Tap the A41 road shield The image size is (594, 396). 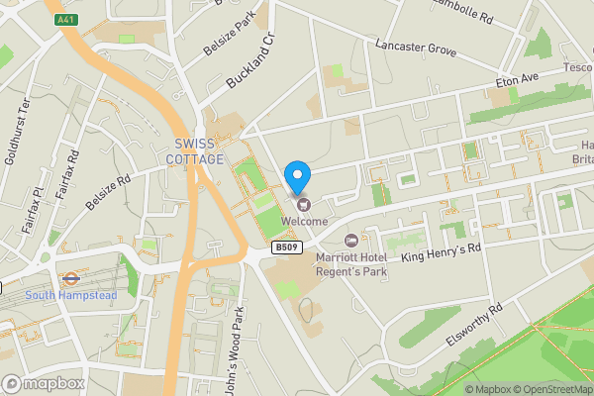pos(65,19)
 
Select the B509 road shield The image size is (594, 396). pos(286,247)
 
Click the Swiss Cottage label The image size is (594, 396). pos(194,151)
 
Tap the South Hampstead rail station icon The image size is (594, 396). pos(70,278)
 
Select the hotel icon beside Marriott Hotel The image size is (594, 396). pos(350,241)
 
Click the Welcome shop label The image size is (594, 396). pos(304,221)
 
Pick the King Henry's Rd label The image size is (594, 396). pos(441,253)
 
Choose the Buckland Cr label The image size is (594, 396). pos(249,63)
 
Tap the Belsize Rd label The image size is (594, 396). pos(108,193)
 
